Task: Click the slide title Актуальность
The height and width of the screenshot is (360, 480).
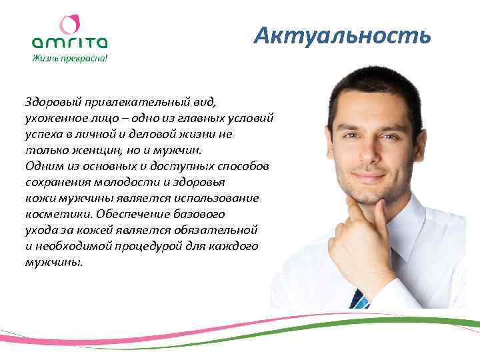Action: tap(343, 35)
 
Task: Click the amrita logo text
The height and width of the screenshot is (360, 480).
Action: tap(69, 43)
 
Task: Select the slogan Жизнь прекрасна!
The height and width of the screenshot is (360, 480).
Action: tap(69, 58)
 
